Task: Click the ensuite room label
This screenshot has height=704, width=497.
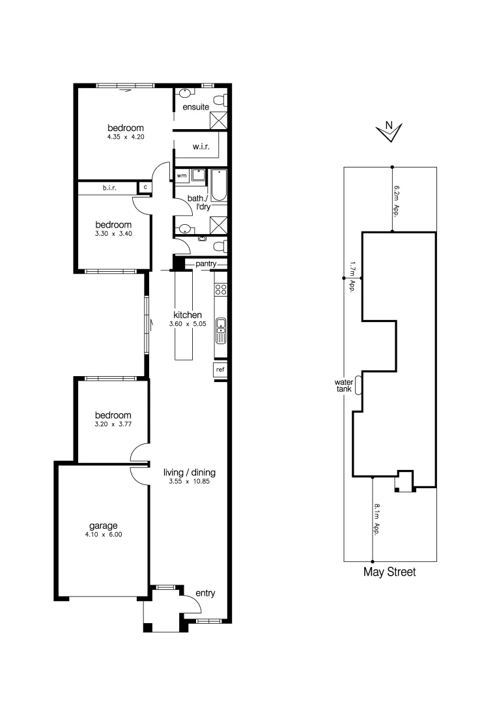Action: tap(195, 106)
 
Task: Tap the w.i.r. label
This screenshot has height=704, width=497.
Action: tap(200, 147)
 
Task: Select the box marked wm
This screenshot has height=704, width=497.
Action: tap(182, 175)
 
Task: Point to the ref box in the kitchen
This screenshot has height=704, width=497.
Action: tap(220, 370)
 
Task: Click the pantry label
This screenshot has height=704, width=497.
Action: tap(206, 263)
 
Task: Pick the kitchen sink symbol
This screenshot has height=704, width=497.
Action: tap(221, 330)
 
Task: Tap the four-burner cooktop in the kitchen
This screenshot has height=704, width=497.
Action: tap(221, 289)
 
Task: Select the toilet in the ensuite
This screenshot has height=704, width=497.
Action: tap(225, 100)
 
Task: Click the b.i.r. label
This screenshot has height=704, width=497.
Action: tap(109, 188)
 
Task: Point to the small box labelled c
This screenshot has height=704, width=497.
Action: tap(145, 188)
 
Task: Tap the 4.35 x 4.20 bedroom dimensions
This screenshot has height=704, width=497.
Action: tap(125, 138)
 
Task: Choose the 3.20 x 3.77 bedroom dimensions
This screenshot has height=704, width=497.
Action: tap(113, 424)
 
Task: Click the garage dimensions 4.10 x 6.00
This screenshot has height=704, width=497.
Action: tap(104, 535)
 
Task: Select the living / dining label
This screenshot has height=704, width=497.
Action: tap(189, 473)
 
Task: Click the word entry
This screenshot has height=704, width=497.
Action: tap(205, 593)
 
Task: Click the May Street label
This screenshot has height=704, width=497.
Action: tap(389, 572)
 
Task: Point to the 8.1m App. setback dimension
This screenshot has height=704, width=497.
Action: tap(378, 519)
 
